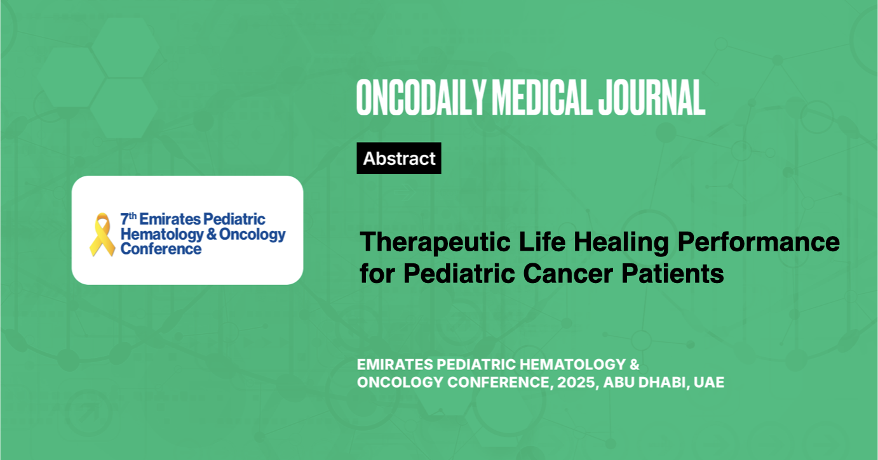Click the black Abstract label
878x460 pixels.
tap(399, 159)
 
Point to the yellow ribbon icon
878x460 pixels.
tap(102, 235)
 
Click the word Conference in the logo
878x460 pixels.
tap(161, 249)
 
